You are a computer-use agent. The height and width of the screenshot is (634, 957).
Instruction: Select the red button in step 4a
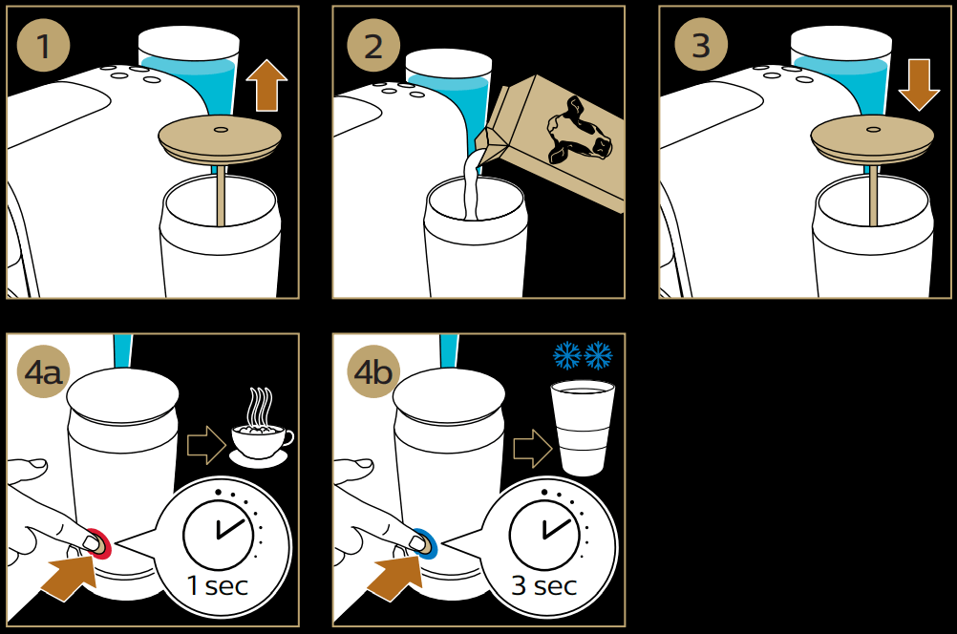tap(96, 542)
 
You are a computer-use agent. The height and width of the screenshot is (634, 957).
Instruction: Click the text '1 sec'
tap(217, 585)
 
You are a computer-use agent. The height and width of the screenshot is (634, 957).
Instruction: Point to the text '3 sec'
tap(543, 585)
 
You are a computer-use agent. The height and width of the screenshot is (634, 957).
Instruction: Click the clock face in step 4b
tap(543, 528)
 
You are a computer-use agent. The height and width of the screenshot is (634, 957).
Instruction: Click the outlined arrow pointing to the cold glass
tap(533, 444)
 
